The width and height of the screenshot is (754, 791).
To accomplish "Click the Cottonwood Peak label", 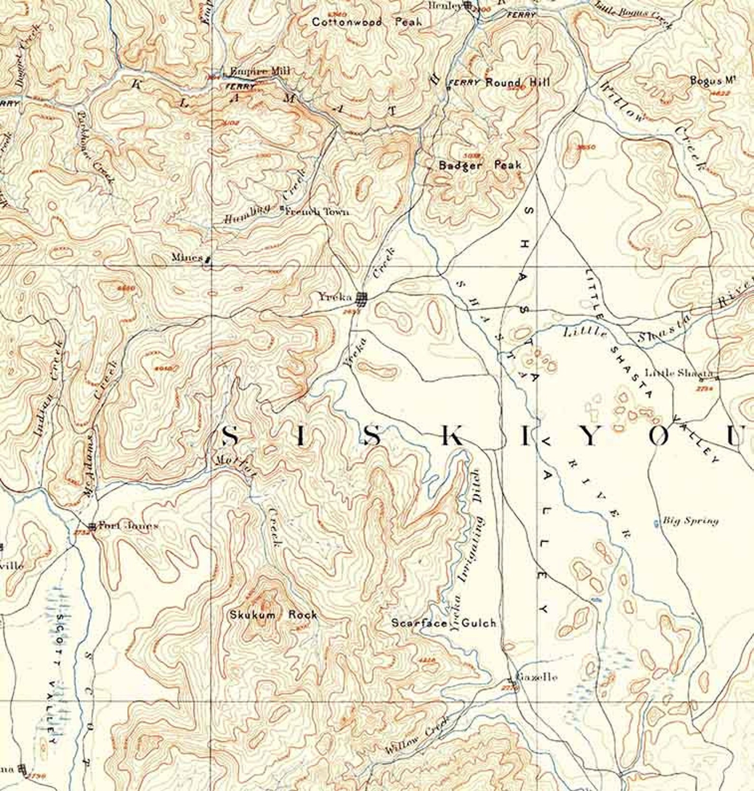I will (x=367, y=22).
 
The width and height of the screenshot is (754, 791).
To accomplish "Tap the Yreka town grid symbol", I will (x=362, y=298).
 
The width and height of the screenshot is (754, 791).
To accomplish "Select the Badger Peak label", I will (x=480, y=165).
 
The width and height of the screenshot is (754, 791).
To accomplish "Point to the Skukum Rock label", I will (x=273, y=614).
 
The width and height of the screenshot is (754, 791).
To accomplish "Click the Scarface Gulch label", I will (x=443, y=622).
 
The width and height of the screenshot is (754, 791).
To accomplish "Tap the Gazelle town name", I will (x=536, y=677).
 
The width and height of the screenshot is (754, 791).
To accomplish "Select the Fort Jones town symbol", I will (x=92, y=526).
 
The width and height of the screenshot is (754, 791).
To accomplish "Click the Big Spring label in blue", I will (x=690, y=521).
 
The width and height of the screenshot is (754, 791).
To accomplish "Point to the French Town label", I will (x=317, y=212).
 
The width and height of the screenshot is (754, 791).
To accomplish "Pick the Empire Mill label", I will (x=260, y=71).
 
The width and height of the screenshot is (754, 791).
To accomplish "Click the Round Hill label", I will (x=518, y=82).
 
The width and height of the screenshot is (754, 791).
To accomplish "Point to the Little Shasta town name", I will (x=678, y=373).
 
